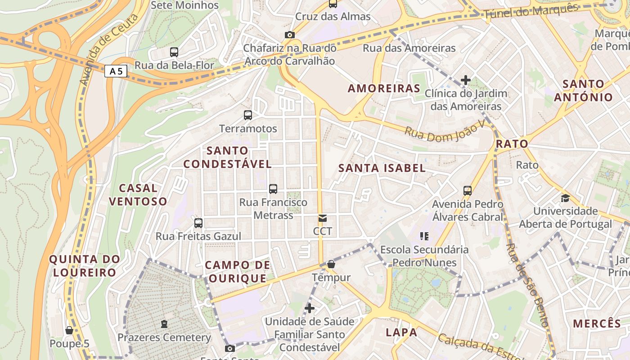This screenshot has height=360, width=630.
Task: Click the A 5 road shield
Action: (x=116, y=71)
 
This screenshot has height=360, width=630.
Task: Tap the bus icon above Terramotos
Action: (x=247, y=115)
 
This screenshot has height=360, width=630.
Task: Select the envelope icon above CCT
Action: (x=323, y=218)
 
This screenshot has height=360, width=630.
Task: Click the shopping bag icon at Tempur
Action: (x=331, y=264)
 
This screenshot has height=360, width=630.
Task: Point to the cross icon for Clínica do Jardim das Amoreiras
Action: (x=466, y=81)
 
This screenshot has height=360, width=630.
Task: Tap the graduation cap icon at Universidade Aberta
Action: (x=565, y=198)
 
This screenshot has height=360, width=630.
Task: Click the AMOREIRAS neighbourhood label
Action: (x=384, y=88)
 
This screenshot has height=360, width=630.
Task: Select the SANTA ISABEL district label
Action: (x=382, y=168)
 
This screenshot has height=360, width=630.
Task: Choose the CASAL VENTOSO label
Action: (x=138, y=194)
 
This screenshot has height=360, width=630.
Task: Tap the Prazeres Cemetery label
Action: (x=164, y=337)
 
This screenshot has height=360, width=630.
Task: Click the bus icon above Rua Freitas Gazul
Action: (x=198, y=223)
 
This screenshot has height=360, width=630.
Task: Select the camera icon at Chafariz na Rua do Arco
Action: (x=290, y=35)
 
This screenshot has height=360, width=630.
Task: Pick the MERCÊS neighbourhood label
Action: (x=597, y=324)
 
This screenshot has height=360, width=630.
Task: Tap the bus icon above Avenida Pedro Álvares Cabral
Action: (x=468, y=190)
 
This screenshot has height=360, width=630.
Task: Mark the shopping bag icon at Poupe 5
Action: (x=69, y=330)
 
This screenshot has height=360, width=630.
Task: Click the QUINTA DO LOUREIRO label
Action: (x=85, y=265)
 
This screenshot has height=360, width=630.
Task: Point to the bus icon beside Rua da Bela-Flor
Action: (x=174, y=52)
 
